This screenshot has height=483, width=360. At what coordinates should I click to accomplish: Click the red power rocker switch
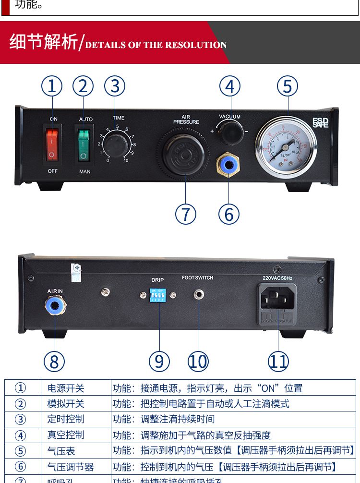click(52, 144)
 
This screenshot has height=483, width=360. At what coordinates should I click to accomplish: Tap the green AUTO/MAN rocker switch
click(84, 144)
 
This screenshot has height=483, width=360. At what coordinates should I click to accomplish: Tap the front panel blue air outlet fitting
click(228, 163)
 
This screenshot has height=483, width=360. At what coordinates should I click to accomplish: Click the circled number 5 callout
click(287, 86)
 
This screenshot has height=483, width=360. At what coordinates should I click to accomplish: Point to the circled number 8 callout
click(54, 361)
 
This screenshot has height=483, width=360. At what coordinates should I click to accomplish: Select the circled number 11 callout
click(278, 361)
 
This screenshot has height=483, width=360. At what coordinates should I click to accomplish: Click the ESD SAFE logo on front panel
click(320, 123)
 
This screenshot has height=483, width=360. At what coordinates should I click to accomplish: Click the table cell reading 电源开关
click(66, 388)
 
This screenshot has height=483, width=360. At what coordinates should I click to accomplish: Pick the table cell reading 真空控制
click(66, 435)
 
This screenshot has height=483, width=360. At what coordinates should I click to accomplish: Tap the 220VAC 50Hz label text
click(277, 278)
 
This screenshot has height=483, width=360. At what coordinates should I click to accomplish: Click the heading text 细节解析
click(43, 42)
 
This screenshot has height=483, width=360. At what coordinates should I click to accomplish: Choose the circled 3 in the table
click(21, 419)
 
